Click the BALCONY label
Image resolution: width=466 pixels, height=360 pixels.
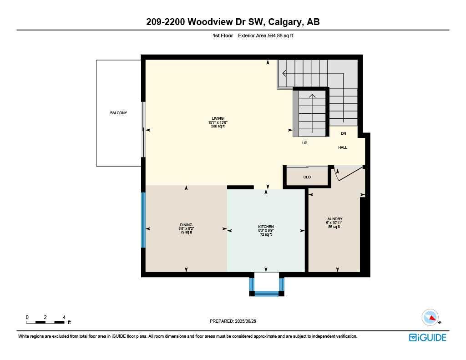(118, 113)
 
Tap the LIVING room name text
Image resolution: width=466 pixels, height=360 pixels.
(218, 118)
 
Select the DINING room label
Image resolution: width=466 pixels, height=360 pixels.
(186, 224)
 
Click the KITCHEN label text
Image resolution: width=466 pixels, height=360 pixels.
(266, 227)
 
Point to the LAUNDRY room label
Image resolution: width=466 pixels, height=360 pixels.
(334, 219)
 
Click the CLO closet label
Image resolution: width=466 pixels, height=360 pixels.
(307, 177)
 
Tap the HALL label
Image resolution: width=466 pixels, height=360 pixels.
(343, 147)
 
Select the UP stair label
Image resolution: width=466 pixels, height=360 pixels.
(305, 143)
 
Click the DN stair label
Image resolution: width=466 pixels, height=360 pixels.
(343, 133)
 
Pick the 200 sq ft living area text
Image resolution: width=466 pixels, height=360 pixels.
(218, 126)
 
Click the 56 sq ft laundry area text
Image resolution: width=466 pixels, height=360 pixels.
(334, 227)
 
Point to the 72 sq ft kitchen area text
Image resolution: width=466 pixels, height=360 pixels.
(266, 234)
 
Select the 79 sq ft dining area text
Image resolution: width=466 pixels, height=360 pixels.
(186, 232)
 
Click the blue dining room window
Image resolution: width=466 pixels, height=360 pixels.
(143, 220)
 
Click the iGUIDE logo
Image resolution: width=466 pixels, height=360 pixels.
(427, 337)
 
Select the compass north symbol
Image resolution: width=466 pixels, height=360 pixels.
(430, 317)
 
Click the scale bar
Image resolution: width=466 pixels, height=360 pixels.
(45, 322)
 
